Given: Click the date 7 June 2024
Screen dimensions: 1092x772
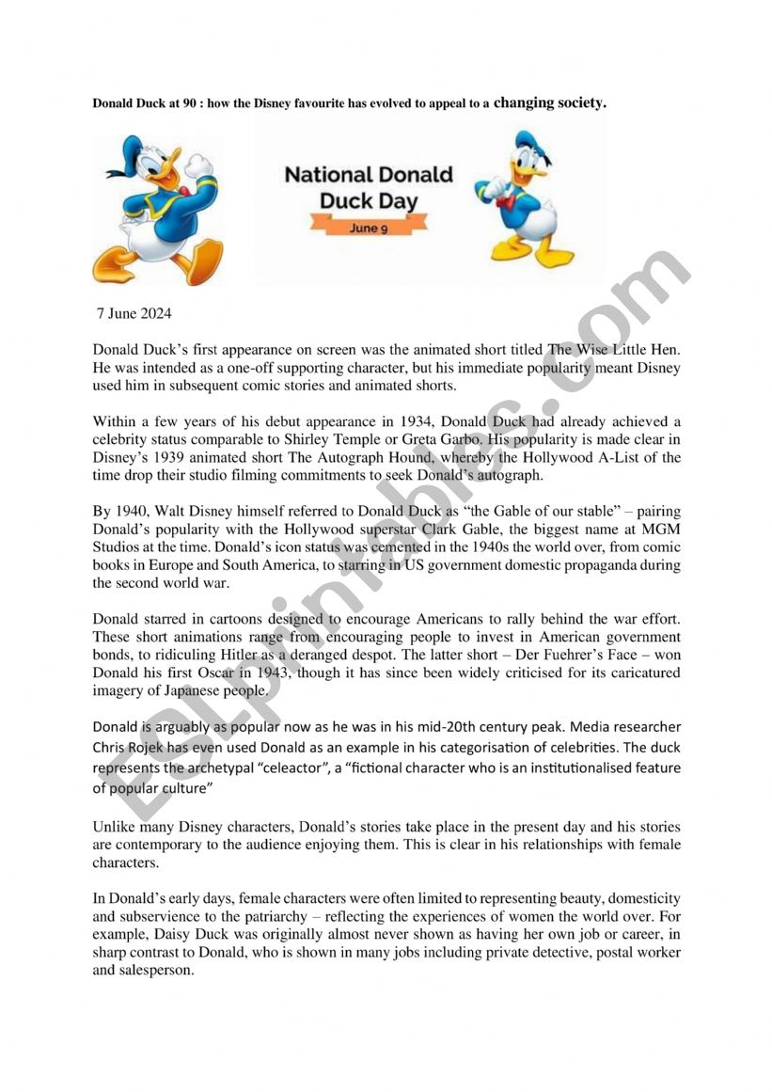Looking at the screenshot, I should click(134, 313).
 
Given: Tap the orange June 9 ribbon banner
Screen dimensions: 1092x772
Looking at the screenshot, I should click(369, 227).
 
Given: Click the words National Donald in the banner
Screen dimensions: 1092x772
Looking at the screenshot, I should click(369, 174).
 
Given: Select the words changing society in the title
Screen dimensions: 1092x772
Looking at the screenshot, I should click(550, 103).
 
